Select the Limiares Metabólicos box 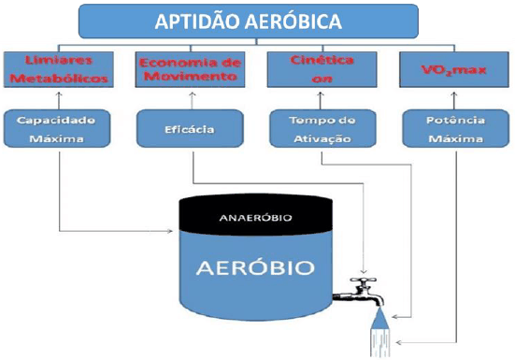60,68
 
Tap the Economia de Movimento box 191,68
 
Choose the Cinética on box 322,68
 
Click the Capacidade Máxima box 60,130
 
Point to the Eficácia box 191,130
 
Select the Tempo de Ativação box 322,130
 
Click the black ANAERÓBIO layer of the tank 256,217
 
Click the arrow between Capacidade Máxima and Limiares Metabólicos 60,100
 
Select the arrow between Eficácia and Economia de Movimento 191,100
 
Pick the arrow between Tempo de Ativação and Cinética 322,100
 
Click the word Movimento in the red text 191,76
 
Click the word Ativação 322,138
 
